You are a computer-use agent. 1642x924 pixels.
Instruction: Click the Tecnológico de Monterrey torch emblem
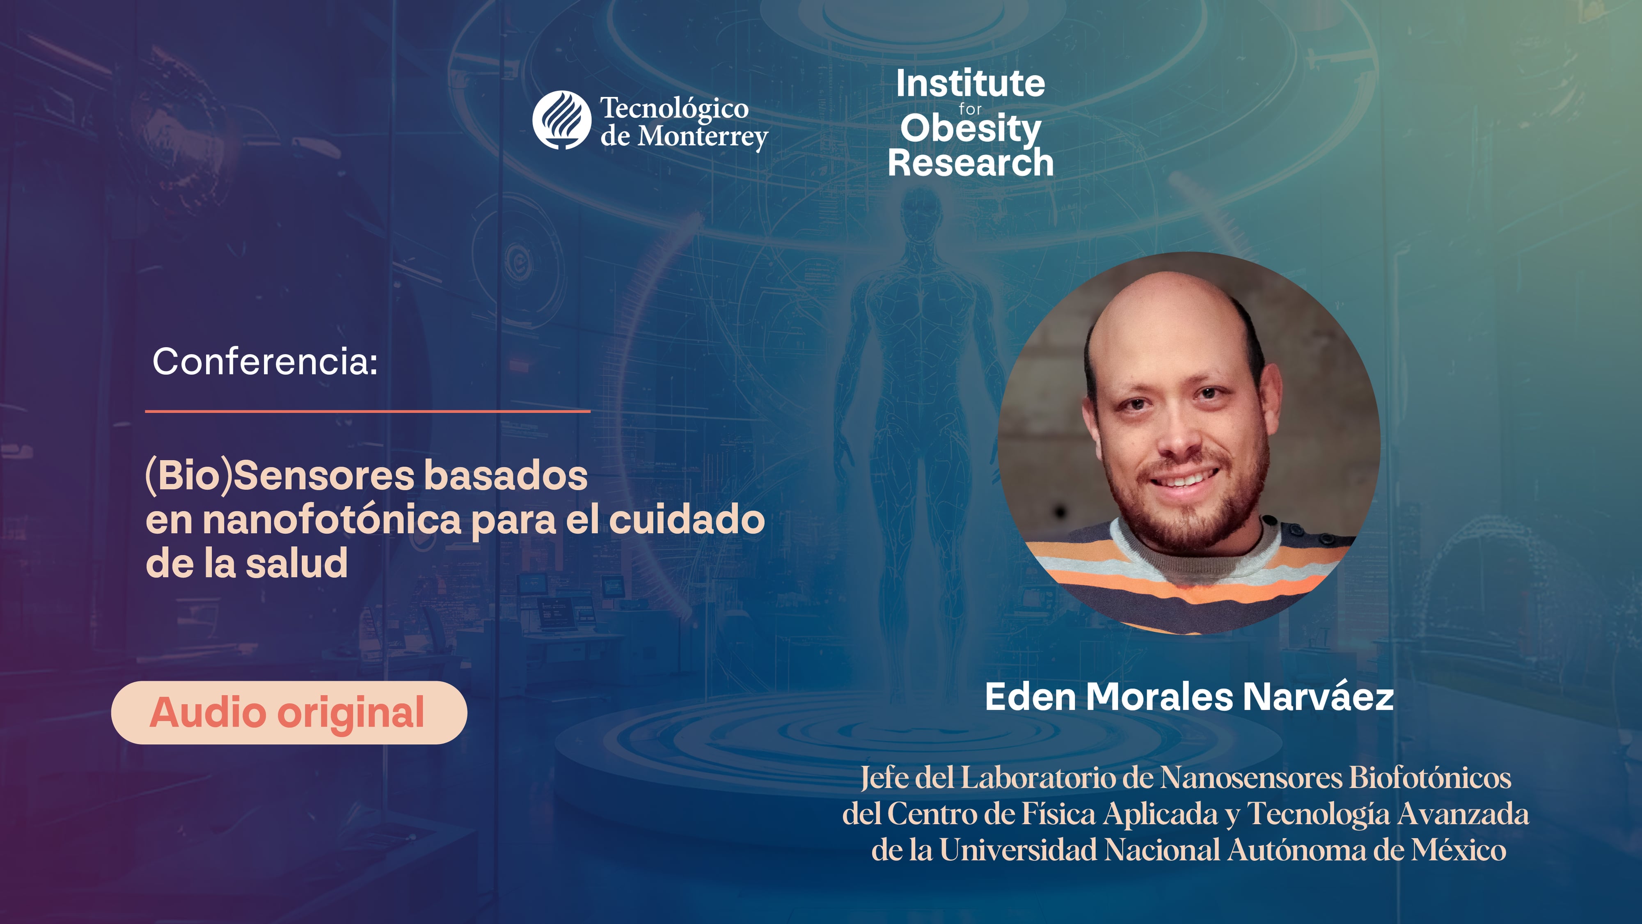[x=561, y=120]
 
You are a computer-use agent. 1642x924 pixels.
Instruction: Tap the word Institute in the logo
[x=970, y=84]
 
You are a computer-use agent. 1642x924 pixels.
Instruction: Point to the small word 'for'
[x=970, y=109]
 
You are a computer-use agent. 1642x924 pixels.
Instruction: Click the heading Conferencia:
[x=265, y=362]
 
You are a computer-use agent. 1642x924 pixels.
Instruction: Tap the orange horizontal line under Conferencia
[x=368, y=411]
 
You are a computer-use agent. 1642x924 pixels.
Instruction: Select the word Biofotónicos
[x=1430, y=777]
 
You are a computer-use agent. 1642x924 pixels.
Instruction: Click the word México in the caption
[x=1459, y=850]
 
